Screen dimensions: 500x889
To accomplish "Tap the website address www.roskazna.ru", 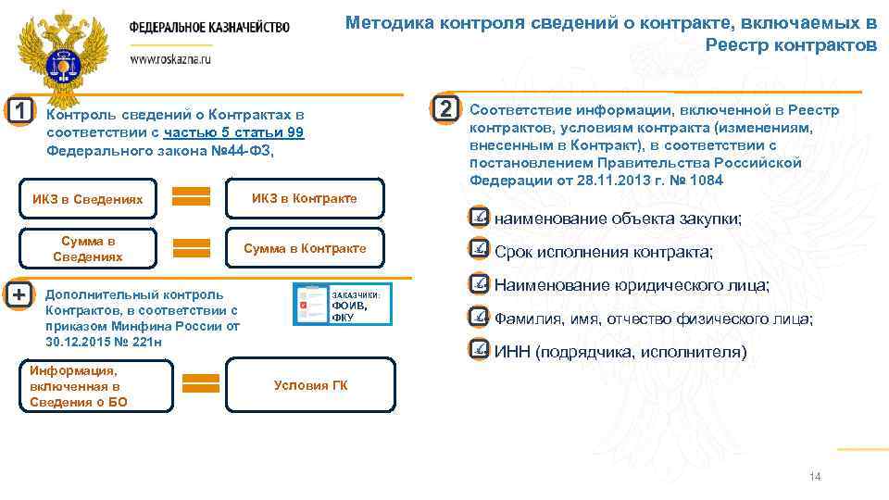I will point(170,57).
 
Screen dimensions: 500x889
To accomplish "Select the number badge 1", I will point(19,111).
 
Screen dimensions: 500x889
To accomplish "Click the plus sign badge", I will point(19,294).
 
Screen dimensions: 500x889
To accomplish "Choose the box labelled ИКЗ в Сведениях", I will point(88,199).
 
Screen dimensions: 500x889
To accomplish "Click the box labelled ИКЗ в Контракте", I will point(305,198).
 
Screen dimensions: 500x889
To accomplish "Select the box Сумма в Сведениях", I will point(88,248).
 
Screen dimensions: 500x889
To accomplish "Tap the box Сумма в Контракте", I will point(305,248).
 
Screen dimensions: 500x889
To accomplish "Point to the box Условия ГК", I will point(311,385).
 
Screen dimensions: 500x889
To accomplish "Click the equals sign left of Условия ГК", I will point(201,384).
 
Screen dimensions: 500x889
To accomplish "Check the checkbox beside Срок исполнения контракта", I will point(479,250).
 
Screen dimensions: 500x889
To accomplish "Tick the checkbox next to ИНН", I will point(479,350).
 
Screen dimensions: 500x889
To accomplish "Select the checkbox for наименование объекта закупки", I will point(479,218).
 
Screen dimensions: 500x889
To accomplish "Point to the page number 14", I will point(815,477).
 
